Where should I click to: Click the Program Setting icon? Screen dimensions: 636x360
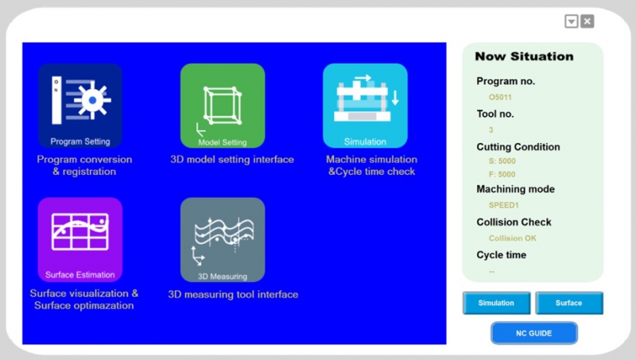click(80, 106)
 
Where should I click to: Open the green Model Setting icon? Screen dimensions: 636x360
click(223, 106)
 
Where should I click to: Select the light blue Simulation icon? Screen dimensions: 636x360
click(365, 106)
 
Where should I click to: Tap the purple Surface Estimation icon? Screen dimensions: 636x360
click(80, 239)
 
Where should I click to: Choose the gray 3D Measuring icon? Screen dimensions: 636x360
click(223, 239)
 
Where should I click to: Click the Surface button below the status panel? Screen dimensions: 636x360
click(569, 303)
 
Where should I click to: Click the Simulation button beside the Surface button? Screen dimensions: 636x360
click(496, 303)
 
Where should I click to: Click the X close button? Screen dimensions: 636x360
click(588, 21)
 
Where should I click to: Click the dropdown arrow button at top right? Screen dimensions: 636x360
click(572, 21)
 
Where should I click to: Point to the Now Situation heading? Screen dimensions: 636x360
click(524, 56)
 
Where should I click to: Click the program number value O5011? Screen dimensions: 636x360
click(500, 97)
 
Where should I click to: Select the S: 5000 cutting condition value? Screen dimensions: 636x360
click(502, 161)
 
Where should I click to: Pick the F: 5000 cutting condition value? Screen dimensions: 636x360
click(502, 174)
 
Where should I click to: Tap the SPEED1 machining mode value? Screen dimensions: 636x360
click(504, 205)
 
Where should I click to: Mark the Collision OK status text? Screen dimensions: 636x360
click(513, 238)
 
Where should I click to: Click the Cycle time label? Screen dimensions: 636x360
click(502, 255)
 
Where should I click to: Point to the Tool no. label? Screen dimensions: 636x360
click(495, 114)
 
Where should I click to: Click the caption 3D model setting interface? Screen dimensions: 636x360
click(232, 159)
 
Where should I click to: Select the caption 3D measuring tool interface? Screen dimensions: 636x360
click(233, 294)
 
